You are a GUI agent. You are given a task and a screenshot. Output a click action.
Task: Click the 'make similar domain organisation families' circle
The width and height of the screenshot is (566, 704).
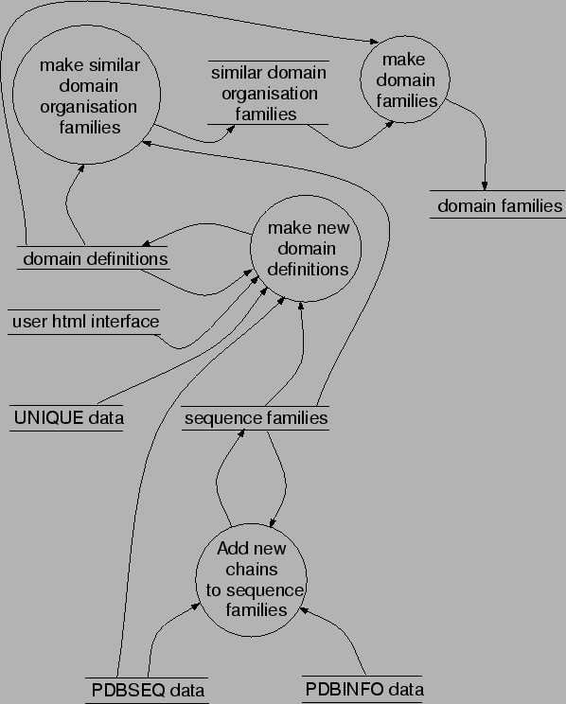(80, 95)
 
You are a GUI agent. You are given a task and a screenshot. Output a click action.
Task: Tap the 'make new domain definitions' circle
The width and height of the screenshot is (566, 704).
(308, 249)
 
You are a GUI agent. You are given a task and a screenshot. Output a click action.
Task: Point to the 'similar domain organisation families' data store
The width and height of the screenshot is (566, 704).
(268, 94)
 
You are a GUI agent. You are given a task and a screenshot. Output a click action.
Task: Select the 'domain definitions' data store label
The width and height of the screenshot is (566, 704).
(95, 258)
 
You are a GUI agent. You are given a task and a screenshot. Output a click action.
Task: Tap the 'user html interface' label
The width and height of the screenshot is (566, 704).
(85, 322)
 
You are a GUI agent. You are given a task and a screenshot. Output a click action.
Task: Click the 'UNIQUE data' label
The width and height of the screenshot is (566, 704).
(68, 416)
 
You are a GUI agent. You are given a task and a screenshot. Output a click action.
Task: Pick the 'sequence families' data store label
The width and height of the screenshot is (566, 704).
(256, 417)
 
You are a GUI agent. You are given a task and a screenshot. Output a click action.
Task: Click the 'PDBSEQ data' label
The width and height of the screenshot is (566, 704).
(147, 690)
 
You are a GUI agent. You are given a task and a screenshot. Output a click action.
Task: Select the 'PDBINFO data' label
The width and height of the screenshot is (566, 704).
(364, 690)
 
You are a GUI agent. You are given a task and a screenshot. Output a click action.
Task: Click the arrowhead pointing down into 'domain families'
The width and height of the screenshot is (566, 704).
(486, 185)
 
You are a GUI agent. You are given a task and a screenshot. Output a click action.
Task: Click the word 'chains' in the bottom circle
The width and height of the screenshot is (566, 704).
(252, 569)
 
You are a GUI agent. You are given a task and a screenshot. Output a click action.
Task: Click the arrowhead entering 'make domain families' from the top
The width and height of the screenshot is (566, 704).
(372, 41)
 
